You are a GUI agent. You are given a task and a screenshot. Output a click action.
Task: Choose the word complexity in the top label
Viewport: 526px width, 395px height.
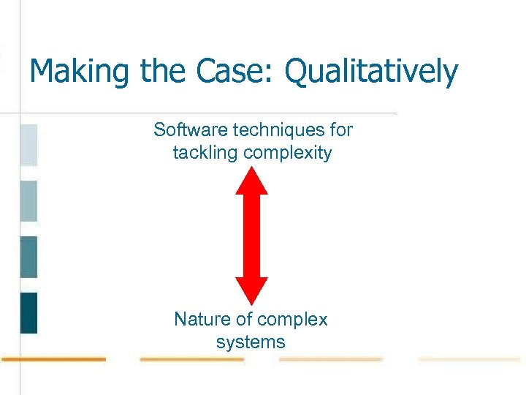click(x=288, y=154)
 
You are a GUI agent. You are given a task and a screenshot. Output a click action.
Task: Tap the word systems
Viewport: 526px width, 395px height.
click(x=251, y=342)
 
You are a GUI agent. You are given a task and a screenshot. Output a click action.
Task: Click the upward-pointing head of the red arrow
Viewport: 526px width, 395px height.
click(x=251, y=181)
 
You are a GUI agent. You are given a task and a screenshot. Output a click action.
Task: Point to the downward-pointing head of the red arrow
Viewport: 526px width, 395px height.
click(x=251, y=290)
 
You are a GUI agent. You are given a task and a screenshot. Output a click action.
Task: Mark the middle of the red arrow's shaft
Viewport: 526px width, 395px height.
click(x=251, y=236)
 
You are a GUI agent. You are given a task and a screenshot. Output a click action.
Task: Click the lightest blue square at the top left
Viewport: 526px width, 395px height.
click(x=28, y=145)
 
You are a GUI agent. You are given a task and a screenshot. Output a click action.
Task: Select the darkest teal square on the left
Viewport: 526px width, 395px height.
click(x=28, y=313)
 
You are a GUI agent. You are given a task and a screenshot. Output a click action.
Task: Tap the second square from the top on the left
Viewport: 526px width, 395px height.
click(x=28, y=201)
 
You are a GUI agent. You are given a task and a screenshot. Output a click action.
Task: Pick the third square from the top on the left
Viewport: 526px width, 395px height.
click(x=28, y=257)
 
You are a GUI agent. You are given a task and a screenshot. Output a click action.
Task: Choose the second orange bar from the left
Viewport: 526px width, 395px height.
click(x=191, y=359)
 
